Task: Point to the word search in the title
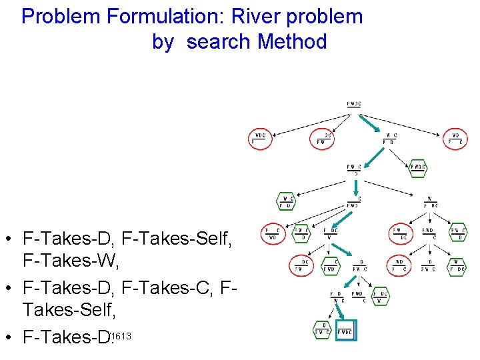pyautogui.click(x=219, y=42)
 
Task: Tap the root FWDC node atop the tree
pyautogui.click(x=354, y=104)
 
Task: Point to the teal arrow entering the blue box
pyautogui.click(x=339, y=311)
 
